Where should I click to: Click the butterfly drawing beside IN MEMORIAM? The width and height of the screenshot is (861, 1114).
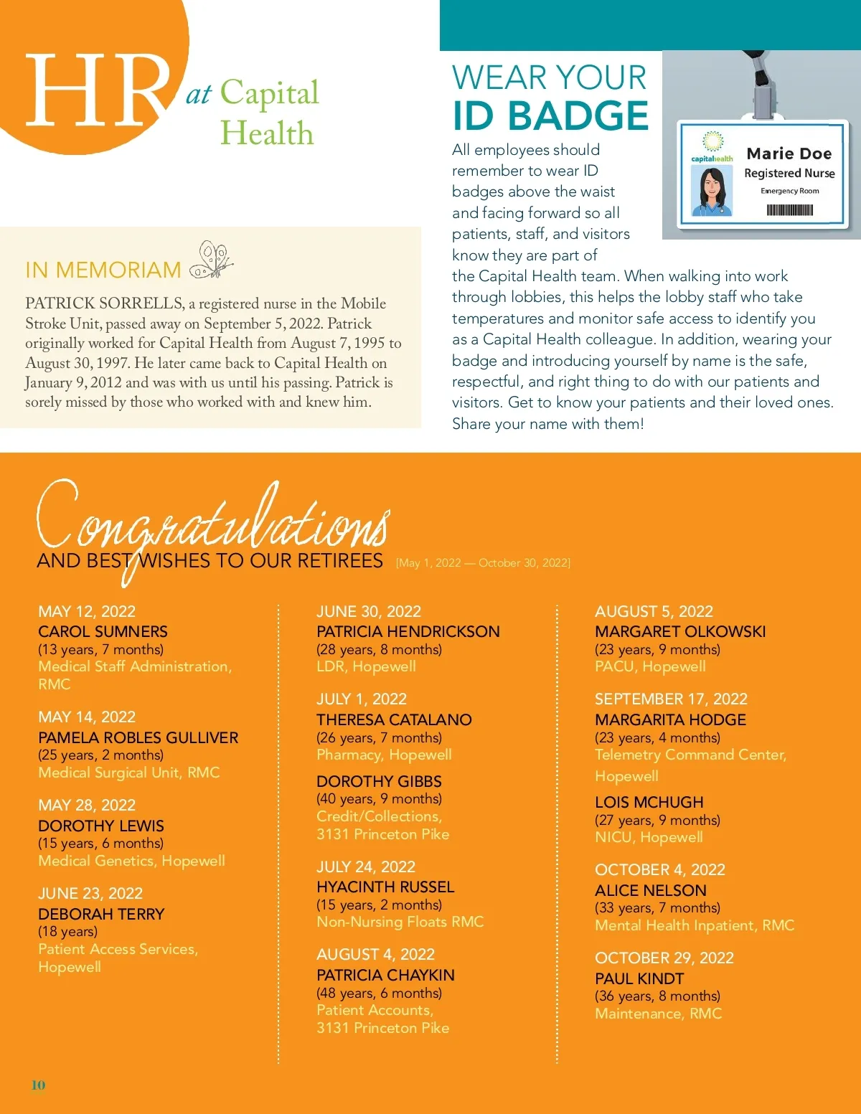[212, 260]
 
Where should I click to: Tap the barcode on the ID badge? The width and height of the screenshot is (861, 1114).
[789, 210]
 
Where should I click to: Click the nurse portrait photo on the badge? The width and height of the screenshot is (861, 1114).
[712, 191]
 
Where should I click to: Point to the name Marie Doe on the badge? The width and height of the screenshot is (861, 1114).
[789, 154]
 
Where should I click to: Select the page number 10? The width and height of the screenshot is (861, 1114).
[38, 1085]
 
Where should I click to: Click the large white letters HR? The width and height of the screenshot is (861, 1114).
[97, 91]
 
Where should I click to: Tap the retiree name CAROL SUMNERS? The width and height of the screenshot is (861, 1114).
[103, 632]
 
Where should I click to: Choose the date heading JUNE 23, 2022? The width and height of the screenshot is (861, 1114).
[90, 894]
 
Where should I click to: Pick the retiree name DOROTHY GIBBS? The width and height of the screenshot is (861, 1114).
[379, 782]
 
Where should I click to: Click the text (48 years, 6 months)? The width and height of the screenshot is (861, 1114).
[379, 993]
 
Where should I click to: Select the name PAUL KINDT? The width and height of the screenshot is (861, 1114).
[639, 979]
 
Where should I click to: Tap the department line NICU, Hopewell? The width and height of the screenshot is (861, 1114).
[649, 838]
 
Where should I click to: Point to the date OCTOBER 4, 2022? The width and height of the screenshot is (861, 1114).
[660, 870]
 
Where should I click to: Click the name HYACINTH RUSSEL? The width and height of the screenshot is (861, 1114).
[385, 887]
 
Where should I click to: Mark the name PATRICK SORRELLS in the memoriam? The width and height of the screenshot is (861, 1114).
[104, 303]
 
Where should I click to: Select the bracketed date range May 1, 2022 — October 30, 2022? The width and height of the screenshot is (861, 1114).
[483, 563]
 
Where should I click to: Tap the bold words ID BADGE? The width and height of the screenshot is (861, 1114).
[550, 116]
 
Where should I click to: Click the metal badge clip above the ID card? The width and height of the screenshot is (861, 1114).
[761, 86]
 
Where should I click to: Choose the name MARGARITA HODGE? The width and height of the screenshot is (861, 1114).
[670, 720]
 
